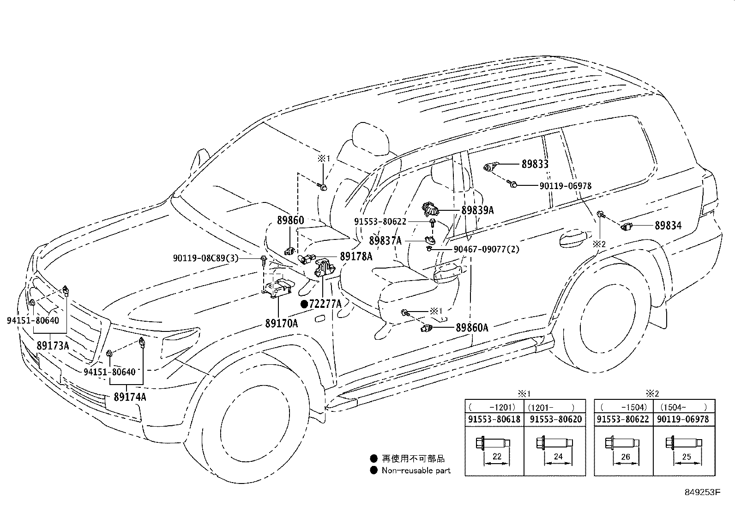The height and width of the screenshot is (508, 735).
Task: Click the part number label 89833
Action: click(535, 164)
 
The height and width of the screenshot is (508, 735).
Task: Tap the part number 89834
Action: click(668, 226)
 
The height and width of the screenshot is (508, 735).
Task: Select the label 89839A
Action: click(477, 210)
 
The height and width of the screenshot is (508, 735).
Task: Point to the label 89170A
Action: click(282, 323)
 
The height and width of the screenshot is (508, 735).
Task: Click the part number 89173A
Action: click(53, 346)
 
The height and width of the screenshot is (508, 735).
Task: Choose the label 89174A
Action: click(130, 397)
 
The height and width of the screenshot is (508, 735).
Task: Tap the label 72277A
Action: click(325, 304)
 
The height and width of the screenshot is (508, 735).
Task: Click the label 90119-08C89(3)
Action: click(206, 258)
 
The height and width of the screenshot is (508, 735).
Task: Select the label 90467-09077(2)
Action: click(487, 249)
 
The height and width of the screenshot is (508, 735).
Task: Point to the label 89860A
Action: click(472, 328)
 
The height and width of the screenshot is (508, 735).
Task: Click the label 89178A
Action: click(356, 256)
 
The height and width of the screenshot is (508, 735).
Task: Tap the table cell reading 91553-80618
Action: click(494, 419)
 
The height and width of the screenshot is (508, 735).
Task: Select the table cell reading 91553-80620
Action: click(556, 419)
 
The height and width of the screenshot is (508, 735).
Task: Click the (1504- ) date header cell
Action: click(684, 407)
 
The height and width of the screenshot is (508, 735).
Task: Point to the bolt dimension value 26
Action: click(626, 457)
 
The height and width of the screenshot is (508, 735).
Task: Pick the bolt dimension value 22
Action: click(497, 456)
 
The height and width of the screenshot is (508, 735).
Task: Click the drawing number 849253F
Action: click(702, 492)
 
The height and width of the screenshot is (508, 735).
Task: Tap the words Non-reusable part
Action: click(416, 471)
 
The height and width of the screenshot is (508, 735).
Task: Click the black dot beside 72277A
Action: click(304, 304)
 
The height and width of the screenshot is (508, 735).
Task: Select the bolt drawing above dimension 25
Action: click(683, 443)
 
